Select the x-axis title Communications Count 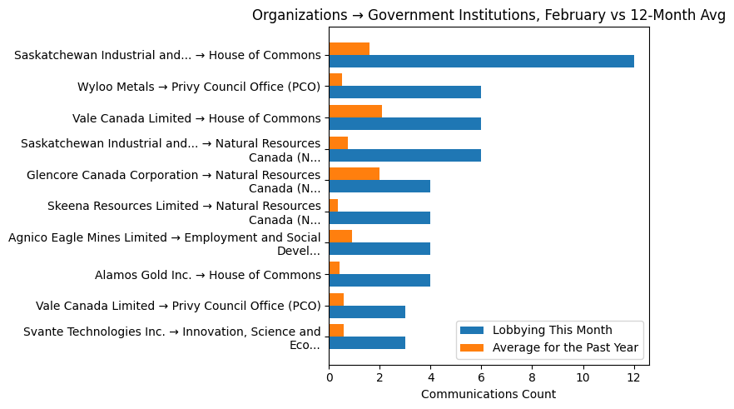click(x=489, y=394)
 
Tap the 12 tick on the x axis click(x=634, y=377)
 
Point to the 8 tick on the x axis click(x=533, y=377)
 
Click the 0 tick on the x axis click(x=329, y=377)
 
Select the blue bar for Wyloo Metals click(x=404, y=92)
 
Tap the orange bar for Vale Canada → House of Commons click(x=355, y=112)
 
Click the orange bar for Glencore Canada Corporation click(x=354, y=174)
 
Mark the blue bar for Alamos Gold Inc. click(x=379, y=281)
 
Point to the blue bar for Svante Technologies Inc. click(x=367, y=343)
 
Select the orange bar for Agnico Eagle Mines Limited click(x=340, y=237)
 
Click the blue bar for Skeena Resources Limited click(x=379, y=218)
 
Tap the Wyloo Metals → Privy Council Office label click(x=199, y=87)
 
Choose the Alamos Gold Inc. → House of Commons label click(x=207, y=275)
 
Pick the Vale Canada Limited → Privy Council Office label click(x=178, y=306)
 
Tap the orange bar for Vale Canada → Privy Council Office click(x=336, y=299)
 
